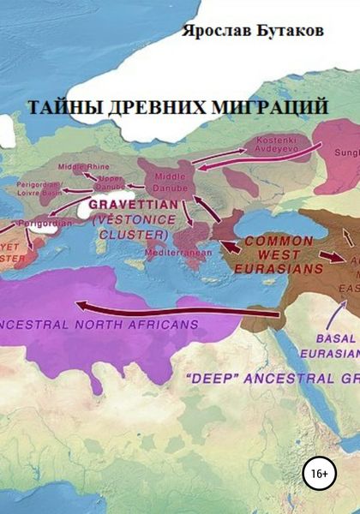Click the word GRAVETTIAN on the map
[x=133, y=206]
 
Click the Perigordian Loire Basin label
[x=37, y=190]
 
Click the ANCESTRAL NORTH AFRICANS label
[x=101, y=325]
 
